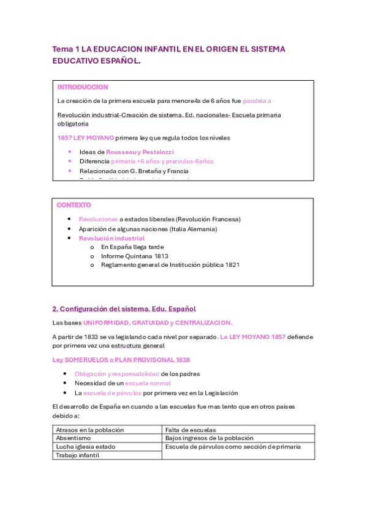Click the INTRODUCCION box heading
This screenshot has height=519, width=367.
83,88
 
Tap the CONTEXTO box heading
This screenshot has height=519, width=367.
74,204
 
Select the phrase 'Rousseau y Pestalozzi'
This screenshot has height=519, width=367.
140,151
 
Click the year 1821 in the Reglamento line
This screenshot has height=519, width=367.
231,265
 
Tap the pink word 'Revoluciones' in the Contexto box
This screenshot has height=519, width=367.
98,219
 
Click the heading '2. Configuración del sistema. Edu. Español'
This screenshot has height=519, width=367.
124,308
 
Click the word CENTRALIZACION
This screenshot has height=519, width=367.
203,323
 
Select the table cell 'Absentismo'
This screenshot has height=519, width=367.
74,438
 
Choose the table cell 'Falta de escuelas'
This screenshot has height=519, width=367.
191,430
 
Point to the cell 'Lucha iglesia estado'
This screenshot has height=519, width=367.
85,447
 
